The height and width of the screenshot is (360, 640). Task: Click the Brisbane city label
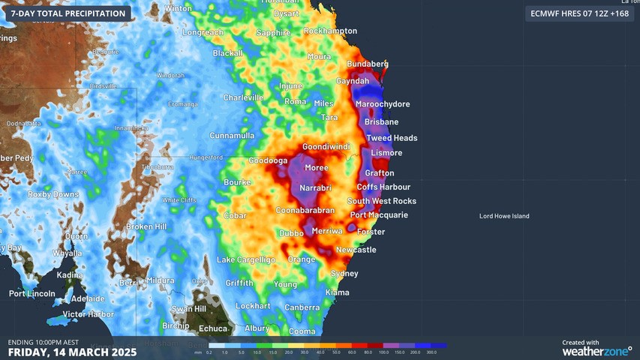click(381, 121)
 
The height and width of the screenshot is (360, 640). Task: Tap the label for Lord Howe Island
click(504, 216)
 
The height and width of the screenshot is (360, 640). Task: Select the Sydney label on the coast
click(344, 274)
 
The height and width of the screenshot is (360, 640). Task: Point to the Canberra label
click(302, 307)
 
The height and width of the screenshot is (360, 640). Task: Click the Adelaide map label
click(88, 298)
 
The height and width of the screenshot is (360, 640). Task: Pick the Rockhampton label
click(330, 31)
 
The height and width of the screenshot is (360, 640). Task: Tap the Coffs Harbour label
click(383, 187)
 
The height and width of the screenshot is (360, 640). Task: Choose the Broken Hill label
click(146, 226)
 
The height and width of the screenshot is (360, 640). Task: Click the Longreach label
click(203, 33)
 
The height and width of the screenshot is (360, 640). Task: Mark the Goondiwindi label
click(326, 147)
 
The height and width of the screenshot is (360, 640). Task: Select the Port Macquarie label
click(379, 215)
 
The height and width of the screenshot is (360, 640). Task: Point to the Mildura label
click(160, 280)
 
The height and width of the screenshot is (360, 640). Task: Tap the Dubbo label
click(291, 234)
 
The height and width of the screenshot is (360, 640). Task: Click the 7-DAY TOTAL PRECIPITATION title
click(68, 13)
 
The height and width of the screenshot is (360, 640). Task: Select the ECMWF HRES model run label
click(579, 13)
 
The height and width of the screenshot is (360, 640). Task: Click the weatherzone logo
click(596, 349)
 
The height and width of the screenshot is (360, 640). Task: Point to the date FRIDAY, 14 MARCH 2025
click(72, 351)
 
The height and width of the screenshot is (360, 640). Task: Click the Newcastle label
click(356, 250)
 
